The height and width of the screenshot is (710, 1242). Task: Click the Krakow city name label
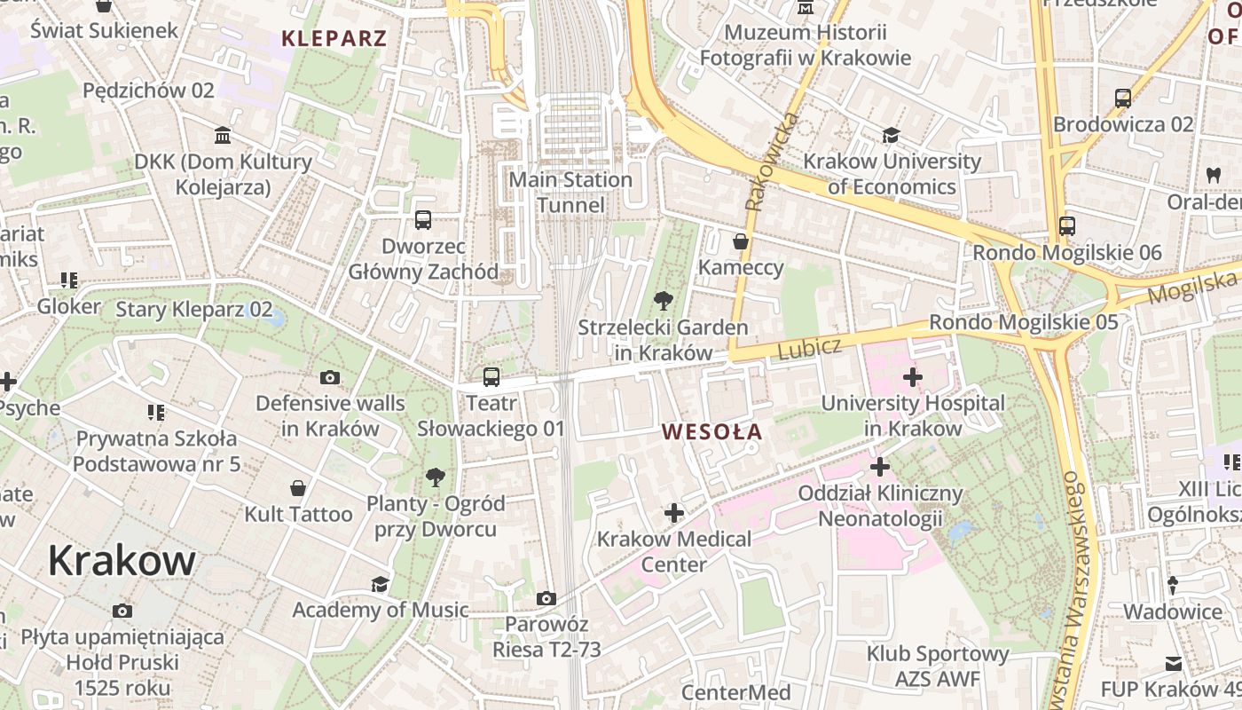click(x=122, y=560)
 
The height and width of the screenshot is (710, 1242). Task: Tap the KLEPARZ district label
click(x=334, y=38)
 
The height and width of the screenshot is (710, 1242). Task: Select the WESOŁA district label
click(x=712, y=431)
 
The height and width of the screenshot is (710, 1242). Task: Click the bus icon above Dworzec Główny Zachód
click(x=423, y=220)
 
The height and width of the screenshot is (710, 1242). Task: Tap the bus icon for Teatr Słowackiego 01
click(x=491, y=377)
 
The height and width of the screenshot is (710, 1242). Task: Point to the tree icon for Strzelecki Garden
click(x=663, y=301)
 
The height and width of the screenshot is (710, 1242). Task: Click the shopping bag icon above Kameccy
click(x=741, y=241)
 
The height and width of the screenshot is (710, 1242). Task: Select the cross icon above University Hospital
click(x=912, y=377)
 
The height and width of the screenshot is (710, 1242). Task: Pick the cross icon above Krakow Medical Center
click(x=674, y=513)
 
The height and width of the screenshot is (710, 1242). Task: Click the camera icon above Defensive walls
click(x=330, y=377)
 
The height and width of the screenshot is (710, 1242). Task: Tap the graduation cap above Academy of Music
click(x=380, y=584)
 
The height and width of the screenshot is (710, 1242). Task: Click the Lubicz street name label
click(x=808, y=348)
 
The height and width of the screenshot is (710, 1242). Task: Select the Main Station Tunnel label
click(x=570, y=193)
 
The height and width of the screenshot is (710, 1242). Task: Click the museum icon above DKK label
click(x=224, y=136)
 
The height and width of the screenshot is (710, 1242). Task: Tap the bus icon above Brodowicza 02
click(x=1123, y=98)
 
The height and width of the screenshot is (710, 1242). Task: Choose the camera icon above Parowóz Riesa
click(x=546, y=599)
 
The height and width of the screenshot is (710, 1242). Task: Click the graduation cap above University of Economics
click(x=891, y=135)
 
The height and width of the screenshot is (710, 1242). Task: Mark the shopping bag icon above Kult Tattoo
click(x=298, y=488)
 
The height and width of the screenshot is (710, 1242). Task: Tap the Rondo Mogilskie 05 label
click(x=1024, y=322)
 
